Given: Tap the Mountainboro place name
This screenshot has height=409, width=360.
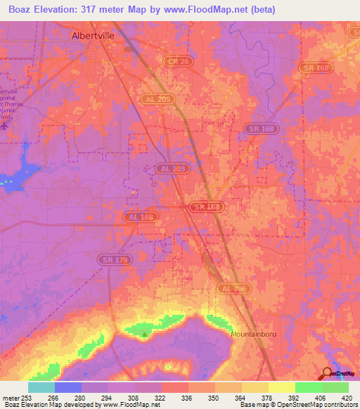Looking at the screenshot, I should pos(256,335).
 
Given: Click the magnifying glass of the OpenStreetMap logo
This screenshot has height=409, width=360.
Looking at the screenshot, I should pos(327,373).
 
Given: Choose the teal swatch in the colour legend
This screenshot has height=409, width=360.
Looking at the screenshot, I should pos(41,387).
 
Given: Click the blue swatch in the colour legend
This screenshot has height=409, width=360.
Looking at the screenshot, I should pos(67,387).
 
